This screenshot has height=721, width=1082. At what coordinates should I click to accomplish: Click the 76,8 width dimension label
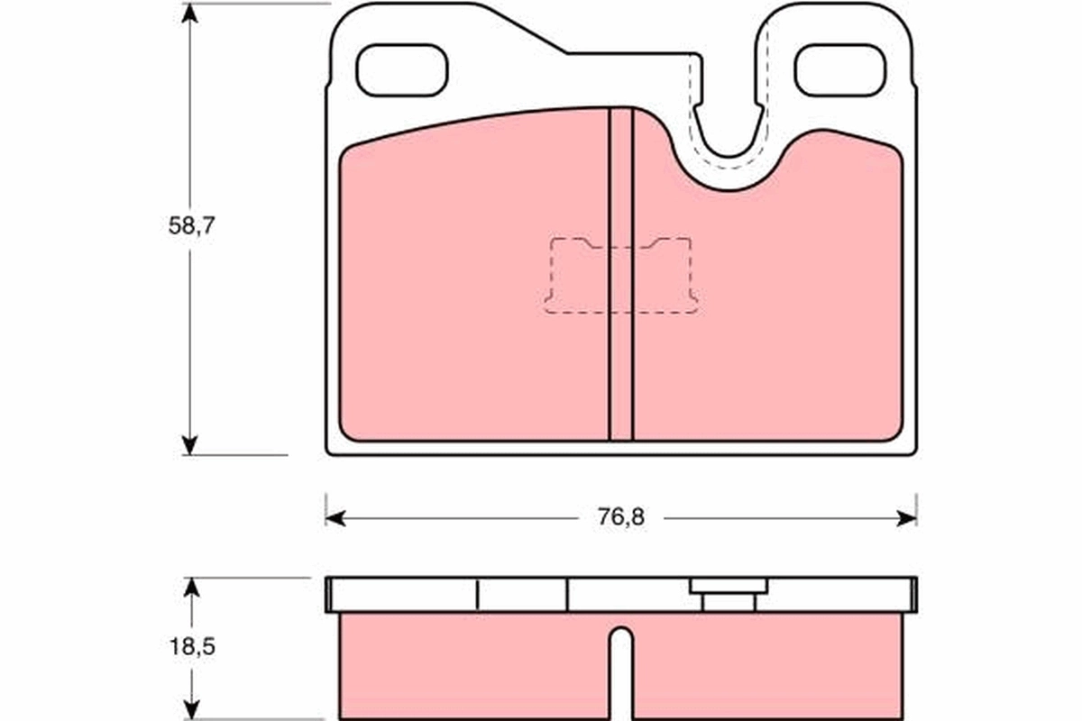point(619,517)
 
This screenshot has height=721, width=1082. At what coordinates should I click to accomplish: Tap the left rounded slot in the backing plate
point(402,70)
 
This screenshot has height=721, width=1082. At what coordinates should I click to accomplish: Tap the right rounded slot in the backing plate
point(839,70)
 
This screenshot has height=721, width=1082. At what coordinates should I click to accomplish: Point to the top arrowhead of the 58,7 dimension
point(189,14)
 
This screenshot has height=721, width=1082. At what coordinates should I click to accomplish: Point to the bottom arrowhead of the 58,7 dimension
point(189,444)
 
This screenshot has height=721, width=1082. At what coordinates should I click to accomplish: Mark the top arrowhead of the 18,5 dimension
point(189,588)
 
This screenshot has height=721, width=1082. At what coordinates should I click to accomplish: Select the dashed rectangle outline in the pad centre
point(620,276)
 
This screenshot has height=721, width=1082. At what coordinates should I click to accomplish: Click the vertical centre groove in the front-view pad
point(620,270)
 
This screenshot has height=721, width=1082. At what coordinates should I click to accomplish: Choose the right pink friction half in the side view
point(766,667)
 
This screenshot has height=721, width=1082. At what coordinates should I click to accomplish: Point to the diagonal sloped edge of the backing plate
point(523,29)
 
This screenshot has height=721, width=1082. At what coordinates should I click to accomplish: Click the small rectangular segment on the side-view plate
point(521,595)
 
